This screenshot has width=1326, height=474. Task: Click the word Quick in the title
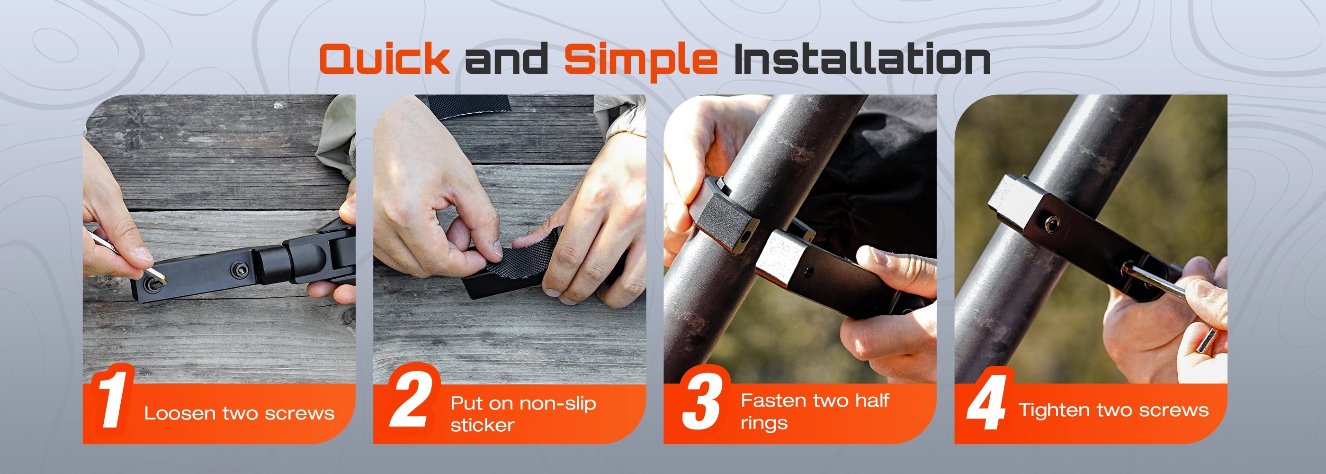point(384,60)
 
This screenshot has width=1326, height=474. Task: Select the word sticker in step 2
point(482,425)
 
